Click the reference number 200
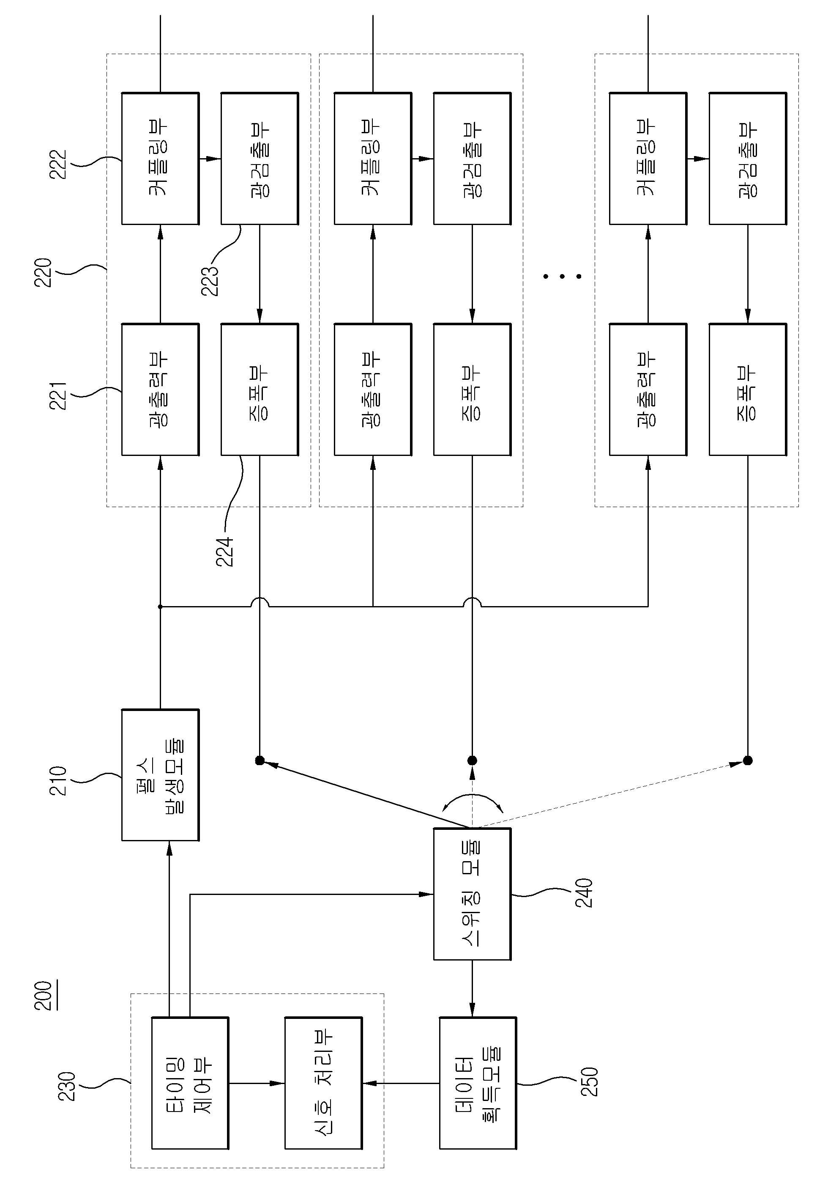tap(43, 996)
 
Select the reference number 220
tap(43, 272)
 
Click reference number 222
tap(57, 165)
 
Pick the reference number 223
tap(210, 281)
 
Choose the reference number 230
tap(66, 1086)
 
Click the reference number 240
tap(584, 893)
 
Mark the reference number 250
tap(589, 1082)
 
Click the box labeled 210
tap(160, 774)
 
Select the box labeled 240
tap(472, 894)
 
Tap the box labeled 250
tap(478, 1083)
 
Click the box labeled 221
tap(160, 390)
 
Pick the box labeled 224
tap(260, 390)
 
